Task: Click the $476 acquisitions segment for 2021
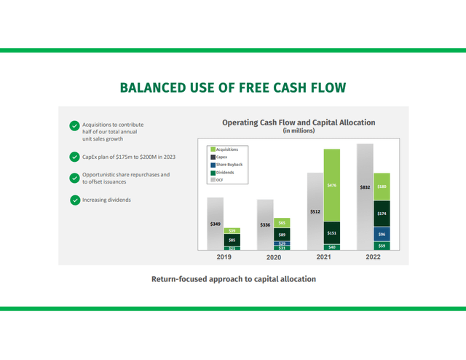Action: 331,185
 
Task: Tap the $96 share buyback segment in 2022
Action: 382,234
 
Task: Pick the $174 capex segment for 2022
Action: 382,213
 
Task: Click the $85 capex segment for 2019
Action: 232,240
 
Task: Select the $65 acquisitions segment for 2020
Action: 282,222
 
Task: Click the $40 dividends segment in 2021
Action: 331,248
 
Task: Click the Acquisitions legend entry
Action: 227,149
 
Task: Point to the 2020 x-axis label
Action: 273,258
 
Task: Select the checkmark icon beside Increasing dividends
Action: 74,200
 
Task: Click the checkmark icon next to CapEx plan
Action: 74,157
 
